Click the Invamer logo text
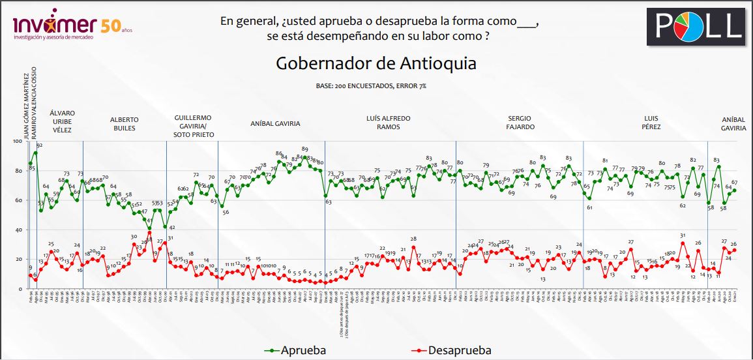pos(55,25)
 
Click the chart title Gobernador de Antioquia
pos(376,64)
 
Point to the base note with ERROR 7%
pos(376,86)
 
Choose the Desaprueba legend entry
pos(450,350)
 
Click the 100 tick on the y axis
pos(16,142)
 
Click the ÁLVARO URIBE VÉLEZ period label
pos(63,121)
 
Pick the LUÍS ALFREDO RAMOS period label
pos(388,123)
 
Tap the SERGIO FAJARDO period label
pos(520,123)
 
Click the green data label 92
pos(39,145)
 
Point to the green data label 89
pos(305,149)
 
